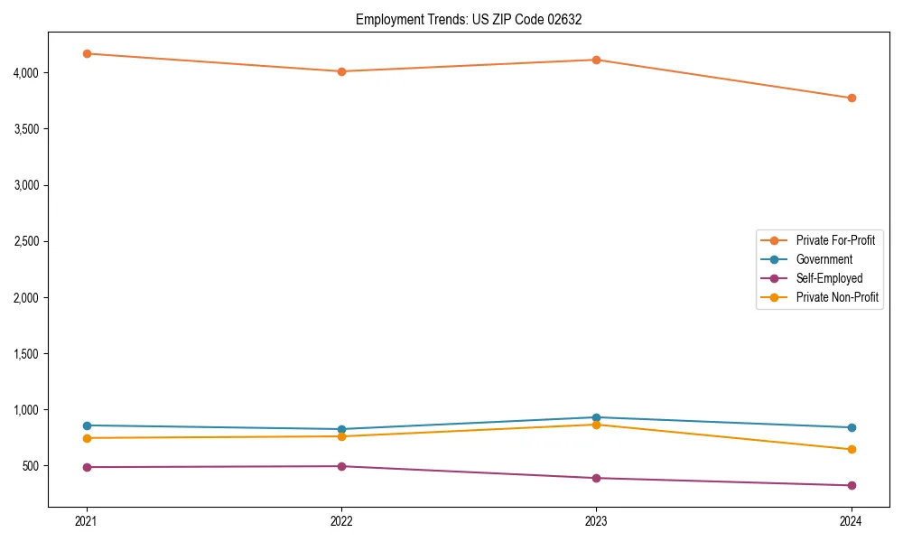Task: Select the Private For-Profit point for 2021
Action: pos(87,53)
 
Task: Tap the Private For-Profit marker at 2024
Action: pos(851,98)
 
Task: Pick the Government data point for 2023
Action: pos(596,417)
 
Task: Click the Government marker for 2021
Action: pos(87,425)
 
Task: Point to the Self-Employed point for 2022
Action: pos(341,466)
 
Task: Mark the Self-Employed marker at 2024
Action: pos(851,485)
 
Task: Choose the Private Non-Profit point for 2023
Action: pos(596,425)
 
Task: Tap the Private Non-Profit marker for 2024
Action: pos(851,449)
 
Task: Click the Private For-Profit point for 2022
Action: pos(341,71)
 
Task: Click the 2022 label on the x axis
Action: pos(341,520)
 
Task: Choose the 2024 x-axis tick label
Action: pos(851,520)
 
